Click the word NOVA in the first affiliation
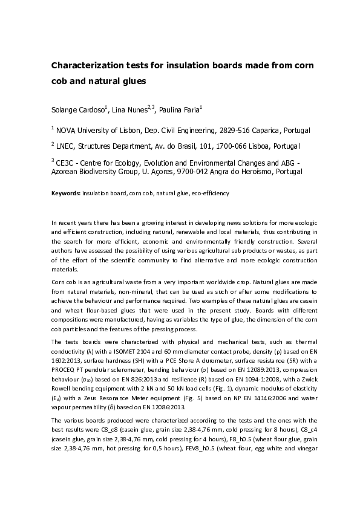(x=70, y=130)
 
